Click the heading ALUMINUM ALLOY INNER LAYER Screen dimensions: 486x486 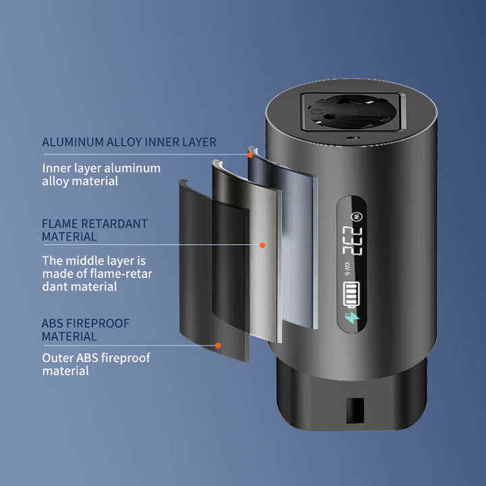point(129,142)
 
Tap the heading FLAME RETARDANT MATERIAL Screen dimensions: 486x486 point(94,230)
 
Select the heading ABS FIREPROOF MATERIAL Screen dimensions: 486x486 point(85,330)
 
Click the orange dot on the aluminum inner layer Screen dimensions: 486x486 point(250,155)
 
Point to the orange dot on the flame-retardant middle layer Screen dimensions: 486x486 point(263,245)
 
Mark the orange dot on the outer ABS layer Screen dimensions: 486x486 point(218,346)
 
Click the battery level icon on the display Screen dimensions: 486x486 point(352,294)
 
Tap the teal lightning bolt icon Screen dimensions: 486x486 point(352,318)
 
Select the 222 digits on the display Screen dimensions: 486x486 point(352,240)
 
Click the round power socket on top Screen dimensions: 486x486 point(350,111)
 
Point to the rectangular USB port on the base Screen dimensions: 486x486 point(355,410)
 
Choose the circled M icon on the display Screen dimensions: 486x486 point(354,216)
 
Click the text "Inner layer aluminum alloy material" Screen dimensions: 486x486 point(101,175)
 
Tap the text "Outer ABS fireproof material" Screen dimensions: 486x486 point(96,364)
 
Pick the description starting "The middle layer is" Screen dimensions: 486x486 point(97,273)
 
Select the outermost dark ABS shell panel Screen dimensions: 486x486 point(214,270)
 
